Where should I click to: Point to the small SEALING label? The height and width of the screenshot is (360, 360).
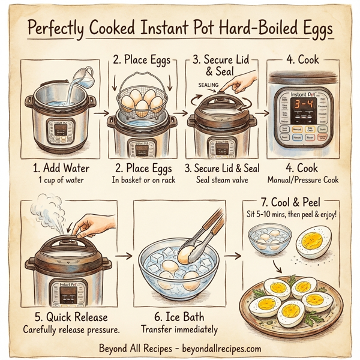pyautogui.click(x=208, y=85)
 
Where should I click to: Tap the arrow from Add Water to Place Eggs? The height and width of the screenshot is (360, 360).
pyautogui.click(x=101, y=112)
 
